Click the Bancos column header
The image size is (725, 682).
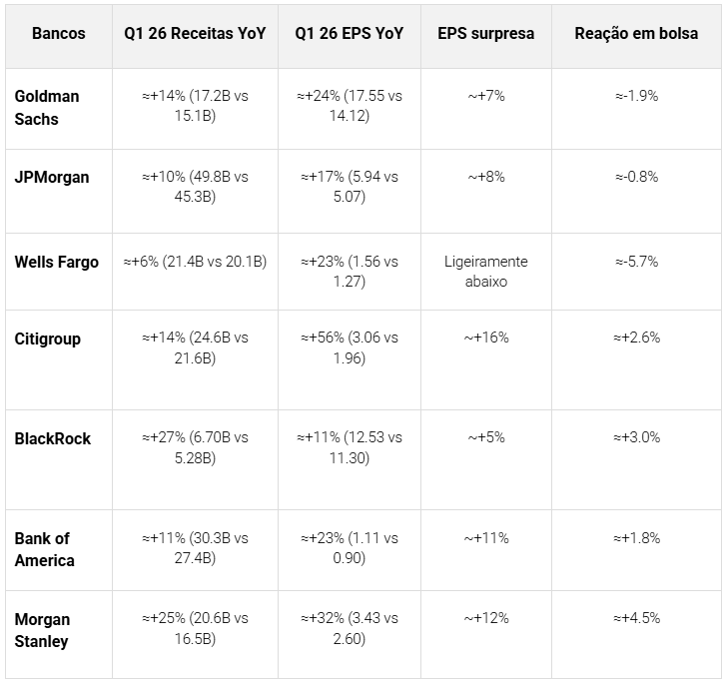click(x=59, y=33)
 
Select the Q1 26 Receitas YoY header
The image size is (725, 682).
click(x=195, y=33)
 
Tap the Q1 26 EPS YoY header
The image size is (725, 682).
click(x=350, y=33)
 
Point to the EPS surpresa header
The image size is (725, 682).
click(x=485, y=33)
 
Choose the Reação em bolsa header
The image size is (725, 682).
click(x=636, y=33)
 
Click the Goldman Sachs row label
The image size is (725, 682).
click(x=47, y=107)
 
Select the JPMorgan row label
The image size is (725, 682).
click(x=52, y=177)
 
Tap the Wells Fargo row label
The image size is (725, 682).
click(x=57, y=262)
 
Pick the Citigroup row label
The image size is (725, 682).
click(x=48, y=339)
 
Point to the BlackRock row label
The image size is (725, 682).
click(x=53, y=438)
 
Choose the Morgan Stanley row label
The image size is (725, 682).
click(x=42, y=629)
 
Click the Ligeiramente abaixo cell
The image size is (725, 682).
click(x=485, y=272)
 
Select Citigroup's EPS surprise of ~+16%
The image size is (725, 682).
click(x=485, y=338)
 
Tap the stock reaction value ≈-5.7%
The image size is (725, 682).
click(x=636, y=262)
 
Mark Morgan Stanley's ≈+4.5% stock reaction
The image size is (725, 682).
click(x=636, y=618)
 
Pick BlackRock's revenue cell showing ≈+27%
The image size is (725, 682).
click(x=195, y=447)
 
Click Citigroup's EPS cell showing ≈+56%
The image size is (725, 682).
click(x=350, y=347)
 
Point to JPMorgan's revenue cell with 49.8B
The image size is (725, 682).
click(x=195, y=187)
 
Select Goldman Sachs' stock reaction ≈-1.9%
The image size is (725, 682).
click(x=636, y=96)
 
